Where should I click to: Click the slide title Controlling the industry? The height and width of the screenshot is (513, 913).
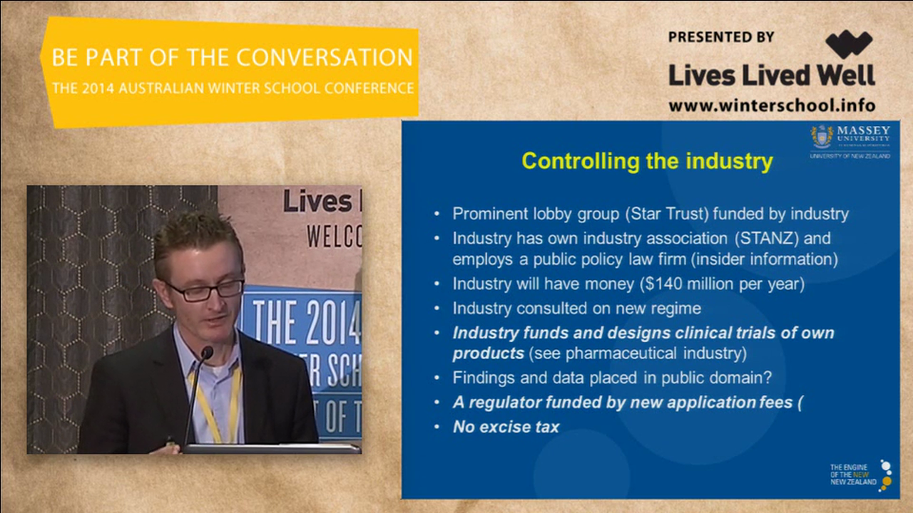[x=647, y=161]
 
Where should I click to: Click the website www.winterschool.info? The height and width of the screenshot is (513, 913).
[x=772, y=105]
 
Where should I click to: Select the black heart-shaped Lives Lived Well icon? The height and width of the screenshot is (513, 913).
[x=849, y=44]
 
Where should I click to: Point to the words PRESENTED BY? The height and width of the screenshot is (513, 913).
[x=721, y=37]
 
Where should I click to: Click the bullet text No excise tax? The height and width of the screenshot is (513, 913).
[x=506, y=427]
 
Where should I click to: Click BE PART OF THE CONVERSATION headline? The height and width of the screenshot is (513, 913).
[x=232, y=58]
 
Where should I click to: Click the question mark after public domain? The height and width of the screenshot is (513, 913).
[x=767, y=378]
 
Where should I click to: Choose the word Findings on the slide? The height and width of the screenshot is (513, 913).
[x=481, y=378]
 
